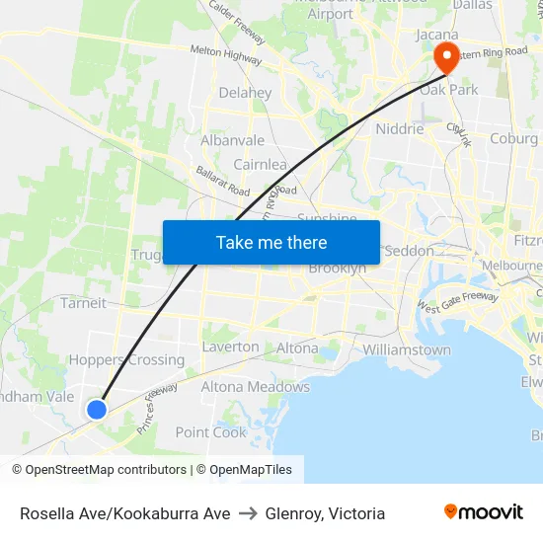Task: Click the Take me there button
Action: [x=271, y=242]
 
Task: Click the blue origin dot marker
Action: [x=97, y=409]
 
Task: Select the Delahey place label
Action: [x=245, y=93]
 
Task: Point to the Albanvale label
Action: [x=233, y=140]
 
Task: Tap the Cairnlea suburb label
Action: [x=260, y=165]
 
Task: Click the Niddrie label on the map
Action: [x=400, y=128]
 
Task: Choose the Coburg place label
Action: [x=513, y=139]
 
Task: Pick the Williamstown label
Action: [x=407, y=349]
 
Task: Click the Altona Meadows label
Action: [x=256, y=387]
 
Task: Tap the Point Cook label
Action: [x=210, y=432]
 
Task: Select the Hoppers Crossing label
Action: [x=126, y=360]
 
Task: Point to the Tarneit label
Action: [x=83, y=302]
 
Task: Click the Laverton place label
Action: [x=230, y=348]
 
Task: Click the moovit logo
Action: [x=483, y=512]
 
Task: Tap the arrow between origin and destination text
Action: [x=248, y=513]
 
